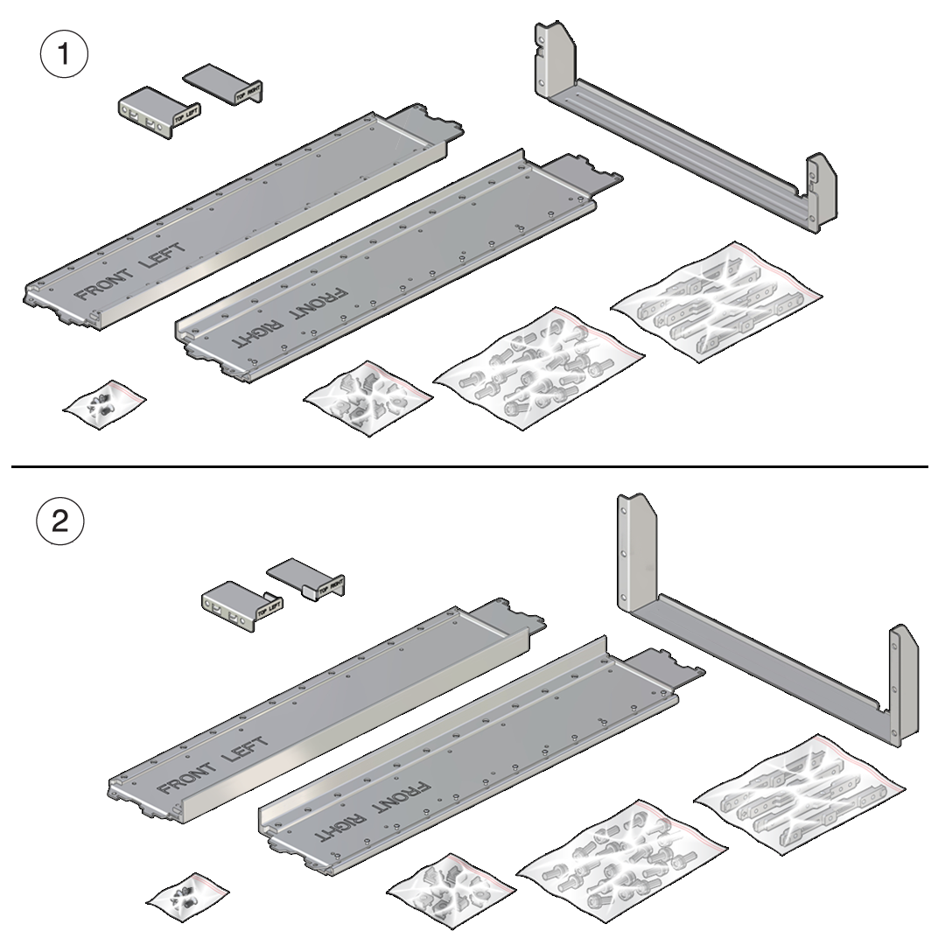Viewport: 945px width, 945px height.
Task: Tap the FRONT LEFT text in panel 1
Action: point(131,272)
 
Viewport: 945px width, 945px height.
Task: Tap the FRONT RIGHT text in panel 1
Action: point(290,316)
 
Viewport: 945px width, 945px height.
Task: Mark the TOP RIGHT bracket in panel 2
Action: point(307,577)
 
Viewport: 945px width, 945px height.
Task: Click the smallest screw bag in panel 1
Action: point(103,401)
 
